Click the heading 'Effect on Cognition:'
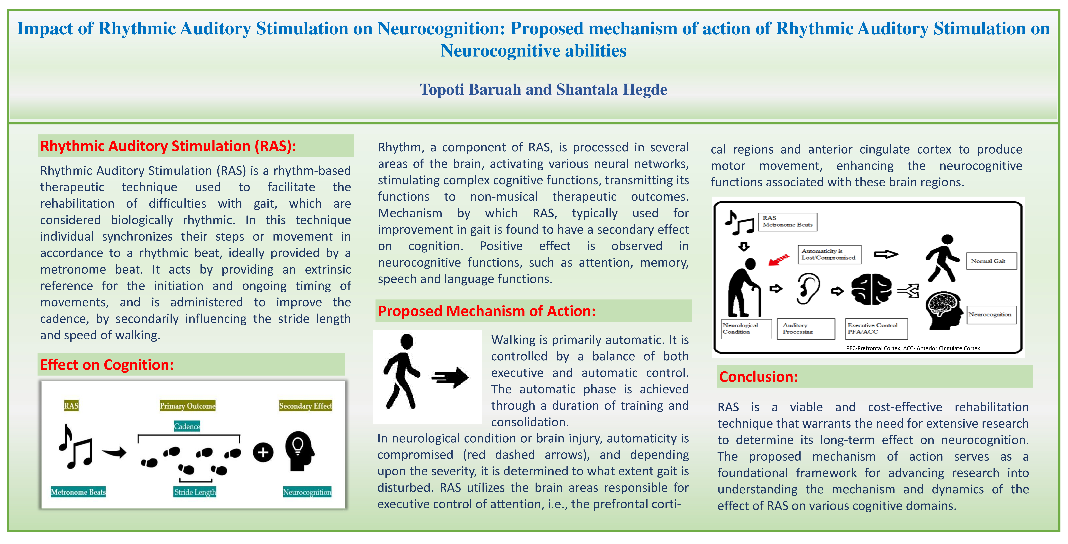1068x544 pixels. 107,365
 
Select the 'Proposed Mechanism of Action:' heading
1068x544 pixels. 487,311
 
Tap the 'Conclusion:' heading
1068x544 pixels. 758,377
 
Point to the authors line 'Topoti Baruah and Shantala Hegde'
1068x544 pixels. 543,90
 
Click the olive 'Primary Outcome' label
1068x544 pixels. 187,406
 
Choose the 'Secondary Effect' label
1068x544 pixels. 306,406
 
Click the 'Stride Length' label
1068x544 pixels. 195,492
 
